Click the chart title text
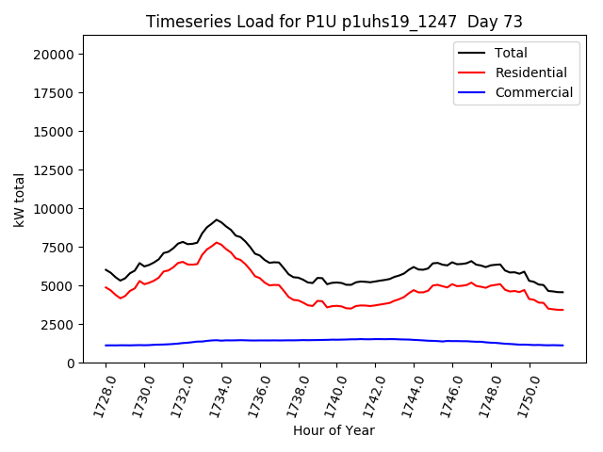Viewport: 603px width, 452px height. click(x=334, y=22)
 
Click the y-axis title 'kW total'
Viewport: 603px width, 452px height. click(x=19, y=199)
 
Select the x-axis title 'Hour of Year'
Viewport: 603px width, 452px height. click(x=334, y=430)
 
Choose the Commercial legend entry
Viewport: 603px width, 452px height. click(x=533, y=92)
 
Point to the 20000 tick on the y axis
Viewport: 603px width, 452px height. click(x=55, y=55)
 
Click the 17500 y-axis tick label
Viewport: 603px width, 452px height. click(x=55, y=93)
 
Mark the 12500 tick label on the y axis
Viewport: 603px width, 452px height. click(x=55, y=170)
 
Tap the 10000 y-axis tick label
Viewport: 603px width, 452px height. click(x=55, y=209)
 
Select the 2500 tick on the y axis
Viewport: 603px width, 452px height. click(x=58, y=325)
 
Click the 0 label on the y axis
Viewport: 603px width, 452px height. click(x=71, y=363)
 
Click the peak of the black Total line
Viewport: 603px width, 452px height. click(x=217, y=219)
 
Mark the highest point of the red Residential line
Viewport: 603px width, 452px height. click(x=217, y=242)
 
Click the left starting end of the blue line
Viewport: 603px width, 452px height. click(x=106, y=346)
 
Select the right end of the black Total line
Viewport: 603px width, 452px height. click(x=562, y=292)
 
